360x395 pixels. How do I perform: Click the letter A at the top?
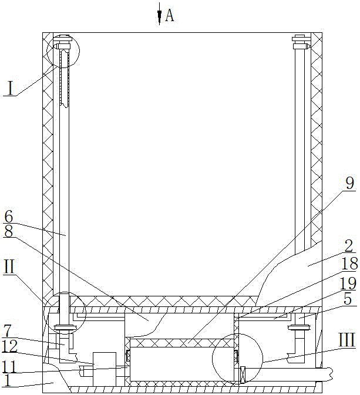coord(169,16)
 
